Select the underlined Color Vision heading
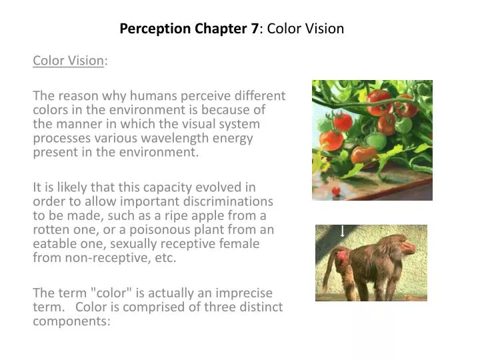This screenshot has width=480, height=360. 69,61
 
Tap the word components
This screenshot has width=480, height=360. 71,321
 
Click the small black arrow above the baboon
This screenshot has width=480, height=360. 342,231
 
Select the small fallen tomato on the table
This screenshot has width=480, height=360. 335,191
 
